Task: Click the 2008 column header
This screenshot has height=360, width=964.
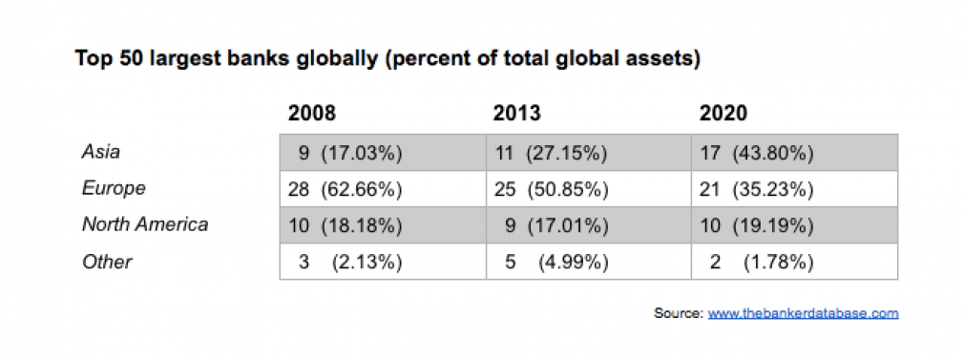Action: (312, 114)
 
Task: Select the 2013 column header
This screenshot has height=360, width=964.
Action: (516, 114)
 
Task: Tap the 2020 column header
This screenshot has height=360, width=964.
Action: (723, 114)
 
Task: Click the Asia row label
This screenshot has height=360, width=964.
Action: (100, 151)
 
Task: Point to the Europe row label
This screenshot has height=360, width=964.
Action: (114, 188)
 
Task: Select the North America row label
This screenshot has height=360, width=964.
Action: (145, 225)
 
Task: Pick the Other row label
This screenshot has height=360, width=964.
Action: (107, 262)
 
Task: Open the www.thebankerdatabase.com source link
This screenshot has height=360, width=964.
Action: (803, 313)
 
